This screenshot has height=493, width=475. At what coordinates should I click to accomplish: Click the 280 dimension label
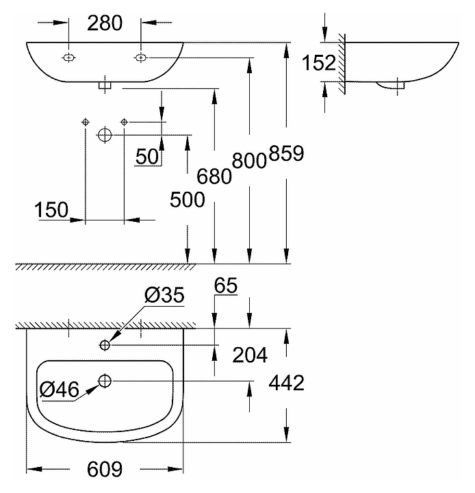(105, 23)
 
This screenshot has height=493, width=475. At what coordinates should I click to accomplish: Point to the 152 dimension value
(319, 62)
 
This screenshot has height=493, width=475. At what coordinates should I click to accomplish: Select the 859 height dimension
(286, 153)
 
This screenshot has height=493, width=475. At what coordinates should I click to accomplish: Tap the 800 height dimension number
(249, 160)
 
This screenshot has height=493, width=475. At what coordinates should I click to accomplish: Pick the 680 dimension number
(214, 176)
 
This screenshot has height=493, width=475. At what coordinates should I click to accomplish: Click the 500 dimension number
(188, 199)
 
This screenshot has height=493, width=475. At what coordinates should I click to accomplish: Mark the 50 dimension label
(147, 156)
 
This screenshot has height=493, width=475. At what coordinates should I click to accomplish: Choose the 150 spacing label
(51, 210)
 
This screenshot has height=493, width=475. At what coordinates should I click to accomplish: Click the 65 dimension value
(226, 286)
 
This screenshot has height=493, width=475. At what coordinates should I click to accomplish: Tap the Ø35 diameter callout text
(164, 295)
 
